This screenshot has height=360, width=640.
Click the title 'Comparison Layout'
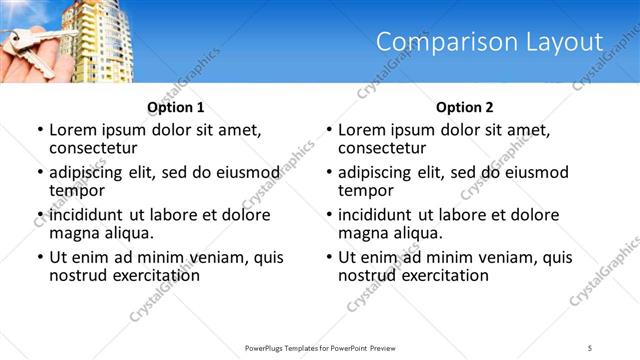tap(490, 42)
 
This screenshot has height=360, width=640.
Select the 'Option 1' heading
tap(176, 107)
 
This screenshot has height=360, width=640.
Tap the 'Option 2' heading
tap(465, 107)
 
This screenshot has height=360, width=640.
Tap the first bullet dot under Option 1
tap(40, 131)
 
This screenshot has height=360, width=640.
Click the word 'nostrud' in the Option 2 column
tap(366, 275)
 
